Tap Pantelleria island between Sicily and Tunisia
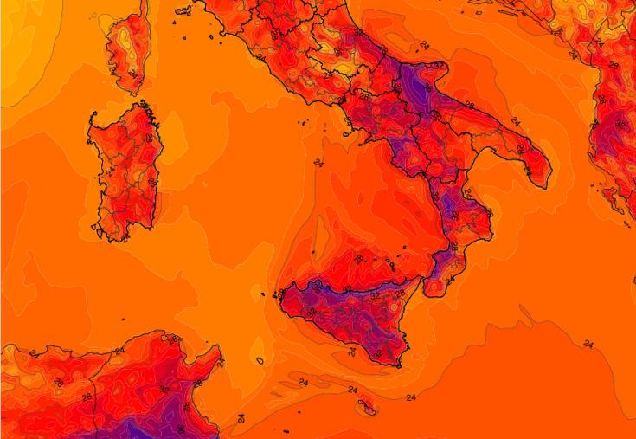[x=260, y=360]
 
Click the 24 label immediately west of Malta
[x=352, y=390]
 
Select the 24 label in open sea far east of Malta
[x=588, y=344]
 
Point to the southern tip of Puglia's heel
[x=543, y=185]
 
